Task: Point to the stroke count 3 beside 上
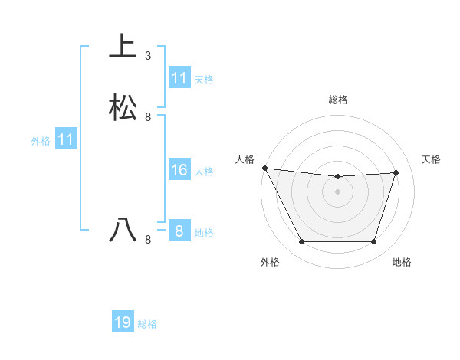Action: (148, 56)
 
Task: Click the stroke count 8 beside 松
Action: (148, 117)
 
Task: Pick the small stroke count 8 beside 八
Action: (148, 240)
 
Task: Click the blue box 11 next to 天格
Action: (179, 78)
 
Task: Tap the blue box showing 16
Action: (179, 170)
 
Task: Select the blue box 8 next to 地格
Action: (179, 231)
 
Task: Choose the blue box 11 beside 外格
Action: (66, 140)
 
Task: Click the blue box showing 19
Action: (123, 322)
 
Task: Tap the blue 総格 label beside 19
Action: (147, 324)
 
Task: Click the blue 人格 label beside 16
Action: (204, 172)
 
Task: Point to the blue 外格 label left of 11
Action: (41, 141)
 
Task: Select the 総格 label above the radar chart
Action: (337, 100)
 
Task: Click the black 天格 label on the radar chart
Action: (432, 159)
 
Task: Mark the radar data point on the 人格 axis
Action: (264, 168)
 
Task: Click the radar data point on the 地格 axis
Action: (373, 242)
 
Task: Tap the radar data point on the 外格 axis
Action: (301, 242)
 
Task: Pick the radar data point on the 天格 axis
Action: (396, 172)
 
